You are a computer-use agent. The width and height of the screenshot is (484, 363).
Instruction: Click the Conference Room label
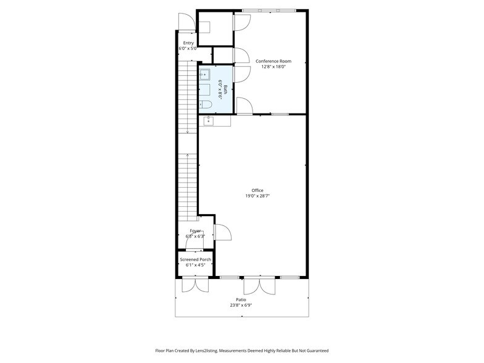click(x=273, y=61)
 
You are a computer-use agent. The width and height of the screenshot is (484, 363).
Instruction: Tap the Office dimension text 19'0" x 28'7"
click(x=257, y=196)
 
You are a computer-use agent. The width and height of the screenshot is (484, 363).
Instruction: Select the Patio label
click(x=240, y=299)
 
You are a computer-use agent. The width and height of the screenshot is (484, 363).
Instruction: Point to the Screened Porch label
click(x=195, y=259)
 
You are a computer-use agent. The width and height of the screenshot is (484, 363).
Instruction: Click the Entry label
click(x=188, y=43)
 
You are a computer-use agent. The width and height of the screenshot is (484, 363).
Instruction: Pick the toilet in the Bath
click(x=206, y=104)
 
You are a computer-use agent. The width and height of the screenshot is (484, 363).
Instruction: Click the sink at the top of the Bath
click(x=204, y=75)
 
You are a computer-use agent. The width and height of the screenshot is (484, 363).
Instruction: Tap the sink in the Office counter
click(x=209, y=120)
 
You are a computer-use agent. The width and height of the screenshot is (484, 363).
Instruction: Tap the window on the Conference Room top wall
click(x=269, y=10)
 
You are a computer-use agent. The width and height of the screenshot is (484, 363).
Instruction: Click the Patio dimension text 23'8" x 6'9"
click(x=240, y=305)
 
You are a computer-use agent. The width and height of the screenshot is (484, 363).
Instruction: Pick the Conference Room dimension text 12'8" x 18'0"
click(x=273, y=67)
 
